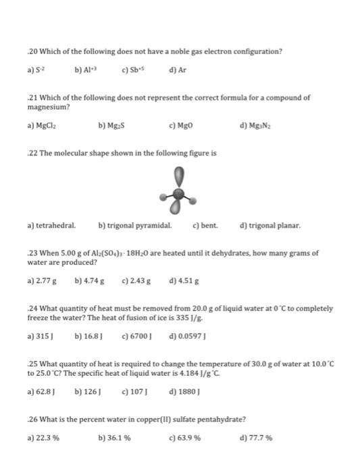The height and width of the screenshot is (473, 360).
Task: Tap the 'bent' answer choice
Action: (205, 225)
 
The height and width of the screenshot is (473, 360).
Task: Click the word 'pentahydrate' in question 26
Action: (229, 420)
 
